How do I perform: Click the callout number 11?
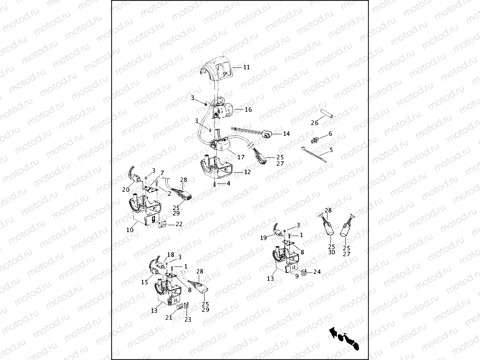point(246,67)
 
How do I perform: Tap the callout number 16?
point(248,109)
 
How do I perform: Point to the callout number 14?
point(286,133)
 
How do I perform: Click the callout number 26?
point(314,123)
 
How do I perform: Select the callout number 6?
point(330,133)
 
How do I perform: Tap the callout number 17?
point(241,157)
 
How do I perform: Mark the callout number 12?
point(247,172)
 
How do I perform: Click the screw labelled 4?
point(215,184)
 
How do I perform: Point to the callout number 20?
point(126,190)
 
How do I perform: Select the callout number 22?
point(179,224)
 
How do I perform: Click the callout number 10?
point(130,230)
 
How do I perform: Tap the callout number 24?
point(317,271)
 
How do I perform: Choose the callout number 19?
point(263,238)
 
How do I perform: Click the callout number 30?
point(331,252)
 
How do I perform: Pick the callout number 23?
point(188,319)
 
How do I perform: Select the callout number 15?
point(145,282)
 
